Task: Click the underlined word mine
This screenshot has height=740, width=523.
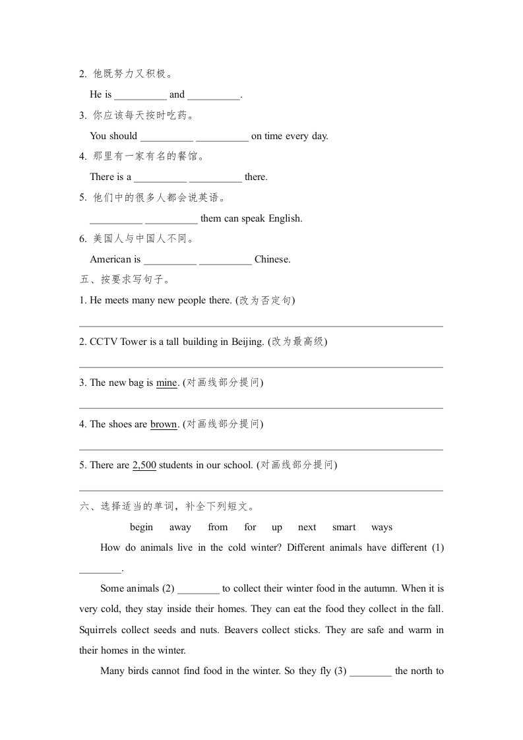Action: [x=166, y=383]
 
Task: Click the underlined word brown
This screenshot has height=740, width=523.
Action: [x=164, y=424]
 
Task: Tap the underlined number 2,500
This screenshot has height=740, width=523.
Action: [x=144, y=465]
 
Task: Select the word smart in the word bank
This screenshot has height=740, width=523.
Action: [x=344, y=527]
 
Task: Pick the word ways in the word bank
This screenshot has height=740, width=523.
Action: [x=381, y=527]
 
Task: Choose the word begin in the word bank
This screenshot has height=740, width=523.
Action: [x=141, y=527]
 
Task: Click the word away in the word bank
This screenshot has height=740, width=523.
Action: [x=180, y=527]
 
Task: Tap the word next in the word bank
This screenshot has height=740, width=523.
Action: [x=307, y=527]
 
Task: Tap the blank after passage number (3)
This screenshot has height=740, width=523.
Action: [x=371, y=672]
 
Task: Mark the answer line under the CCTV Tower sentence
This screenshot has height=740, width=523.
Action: [x=261, y=367]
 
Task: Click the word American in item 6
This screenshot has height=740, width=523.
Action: [x=110, y=259]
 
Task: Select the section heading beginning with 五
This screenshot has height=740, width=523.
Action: [x=125, y=280]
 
